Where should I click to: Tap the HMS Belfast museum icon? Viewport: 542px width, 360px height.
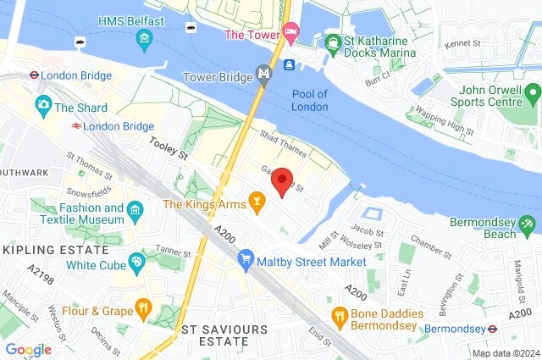pyautogui.click(x=145, y=39)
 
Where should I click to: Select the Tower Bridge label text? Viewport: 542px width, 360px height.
pyautogui.click(x=218, y=77)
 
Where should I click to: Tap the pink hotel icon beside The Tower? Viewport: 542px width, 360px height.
pyautogui.click(x=290, y=33)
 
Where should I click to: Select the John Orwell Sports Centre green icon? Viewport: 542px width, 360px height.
pyautogui.click(x=532, y=91)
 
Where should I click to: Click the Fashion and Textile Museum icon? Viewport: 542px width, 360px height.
pyautogui.click(x=134, y=208)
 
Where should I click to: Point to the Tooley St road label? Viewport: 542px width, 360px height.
pyautogui.click(x=168, y=149)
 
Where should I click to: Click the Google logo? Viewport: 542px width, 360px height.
pyautogui.click(x=28, y=349)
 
